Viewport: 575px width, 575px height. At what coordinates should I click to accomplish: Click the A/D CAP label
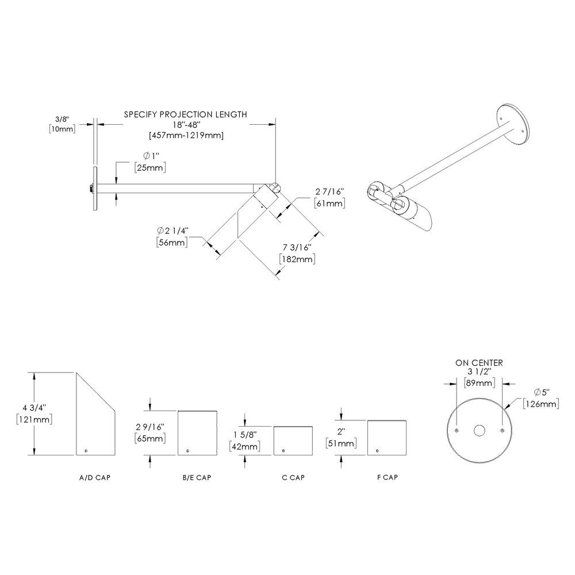tap(95, 478)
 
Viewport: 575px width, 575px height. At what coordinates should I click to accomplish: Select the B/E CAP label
tap(197, 478)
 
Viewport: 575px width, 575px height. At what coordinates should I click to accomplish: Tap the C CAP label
tap(293, 478)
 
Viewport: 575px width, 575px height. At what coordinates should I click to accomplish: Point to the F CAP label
tap(386, 478)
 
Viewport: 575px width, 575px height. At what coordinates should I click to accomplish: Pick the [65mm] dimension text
tap(150, 438)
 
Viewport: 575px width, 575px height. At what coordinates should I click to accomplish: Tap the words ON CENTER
tap(479, 363)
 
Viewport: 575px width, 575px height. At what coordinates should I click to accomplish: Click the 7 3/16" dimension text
tap(297, 247)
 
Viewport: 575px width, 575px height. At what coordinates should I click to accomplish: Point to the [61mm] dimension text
tap(329, 204)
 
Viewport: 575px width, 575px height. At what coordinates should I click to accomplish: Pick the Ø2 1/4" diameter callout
tap(172, 231)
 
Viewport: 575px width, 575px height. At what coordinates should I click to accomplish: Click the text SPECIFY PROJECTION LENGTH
tap(186, 114)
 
